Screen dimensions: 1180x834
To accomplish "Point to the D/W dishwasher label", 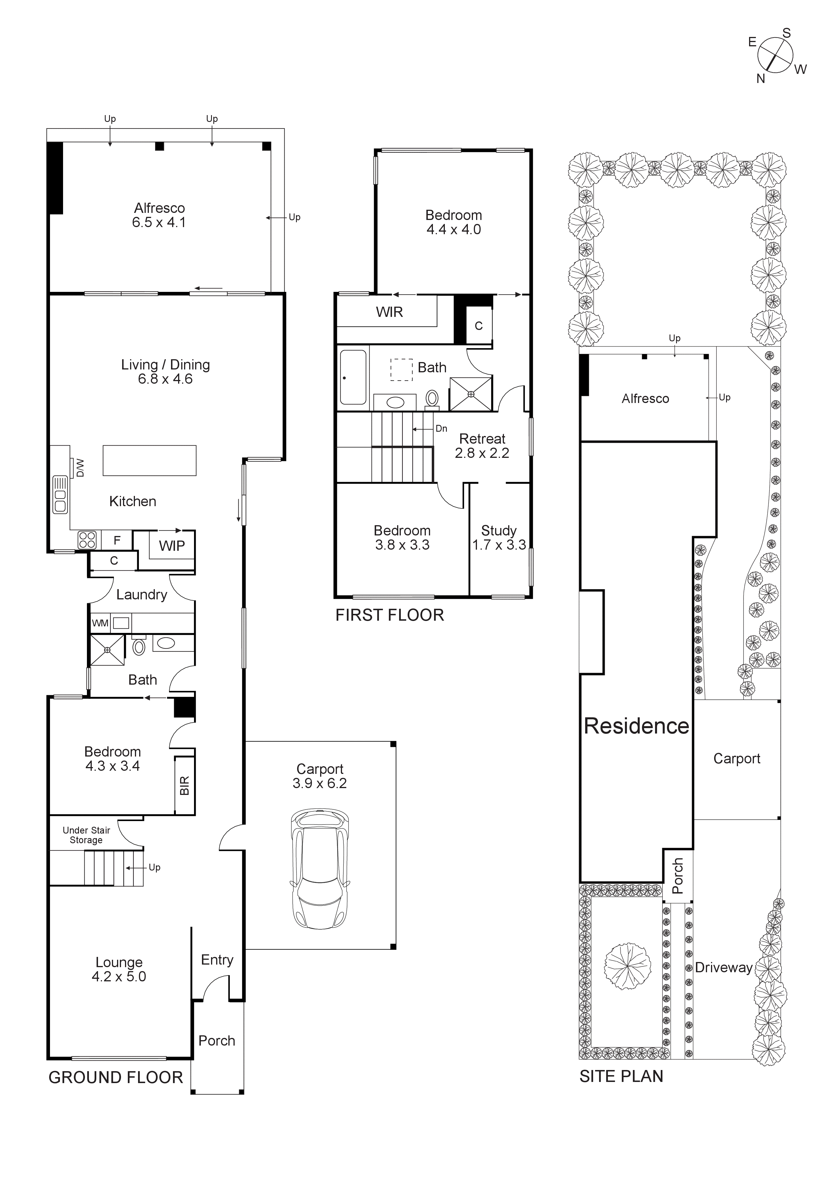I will coord(80,468).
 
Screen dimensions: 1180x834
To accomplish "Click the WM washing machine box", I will coord(100,624).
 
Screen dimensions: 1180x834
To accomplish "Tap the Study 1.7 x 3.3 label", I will coord(499,538).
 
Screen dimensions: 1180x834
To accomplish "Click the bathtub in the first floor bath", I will coord(353,377).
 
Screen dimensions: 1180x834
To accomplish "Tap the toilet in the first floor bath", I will coord(432,398).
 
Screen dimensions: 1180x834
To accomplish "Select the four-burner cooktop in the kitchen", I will coord(87,540).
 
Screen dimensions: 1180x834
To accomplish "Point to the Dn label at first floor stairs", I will coord(441,429).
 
